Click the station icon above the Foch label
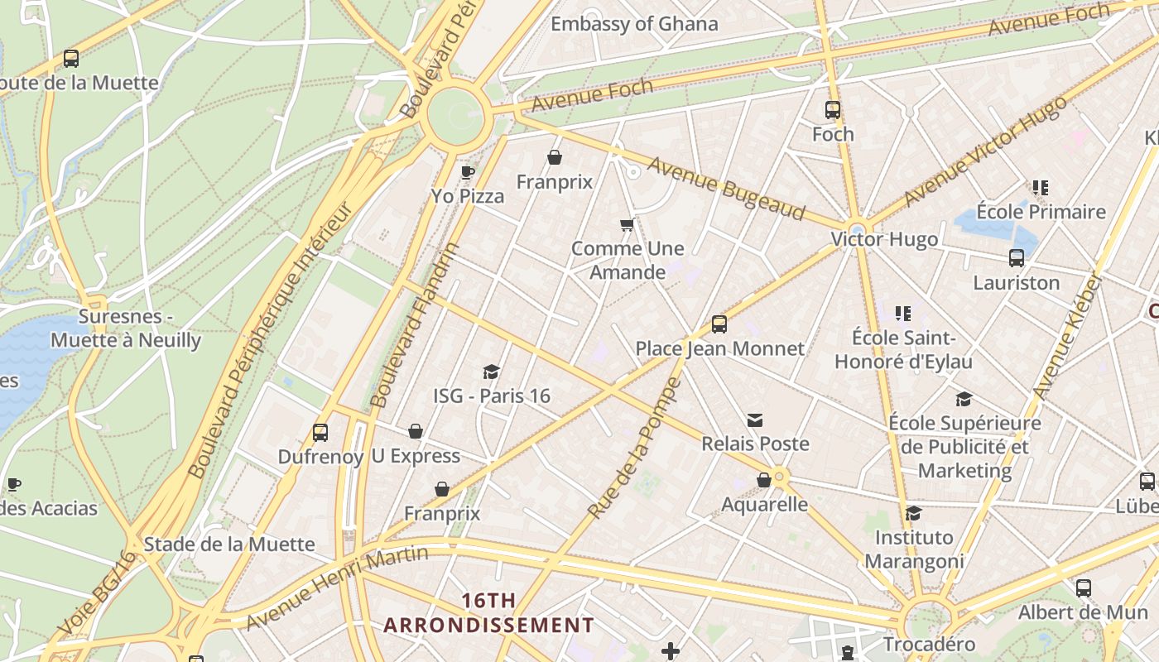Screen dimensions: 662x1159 click(x=832, y=110)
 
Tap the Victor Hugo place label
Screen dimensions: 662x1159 click(x=884, y=239)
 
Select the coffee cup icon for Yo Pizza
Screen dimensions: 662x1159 click(x=467, y=172)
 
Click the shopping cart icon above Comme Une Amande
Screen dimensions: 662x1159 click(x=627, y=224)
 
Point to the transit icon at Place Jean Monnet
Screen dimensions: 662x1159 click(x=719, y=324)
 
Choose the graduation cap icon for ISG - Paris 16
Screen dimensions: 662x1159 click(x=491, y=372)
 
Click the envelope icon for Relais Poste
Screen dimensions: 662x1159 click(x=754, y=420)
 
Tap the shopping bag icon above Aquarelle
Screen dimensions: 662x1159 click(x=763, y=480)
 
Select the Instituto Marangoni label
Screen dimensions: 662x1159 click(x=914, y=549)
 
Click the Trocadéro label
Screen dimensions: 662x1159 click(x=928, y=644)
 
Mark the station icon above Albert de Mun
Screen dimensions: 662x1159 click(x=1083, y=588)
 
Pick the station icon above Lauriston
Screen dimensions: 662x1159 click(x=1016, y=258)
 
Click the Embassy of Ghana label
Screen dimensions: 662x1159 click(x=634, y=24)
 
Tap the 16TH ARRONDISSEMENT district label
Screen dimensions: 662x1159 click(x=488, y=612)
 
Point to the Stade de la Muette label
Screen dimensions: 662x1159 click(x=229, y=544)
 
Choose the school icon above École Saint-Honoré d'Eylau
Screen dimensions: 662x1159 click(x=902, y=314)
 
